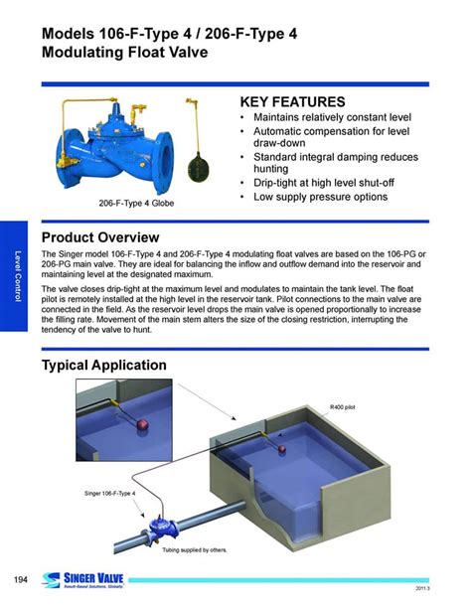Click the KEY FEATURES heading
coord(293,102)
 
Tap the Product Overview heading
coord(100,237)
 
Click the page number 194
coord(21,580)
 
